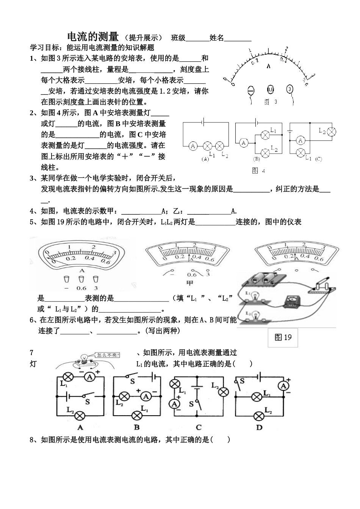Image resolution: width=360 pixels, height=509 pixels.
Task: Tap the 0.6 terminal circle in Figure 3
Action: (x=270, y=90)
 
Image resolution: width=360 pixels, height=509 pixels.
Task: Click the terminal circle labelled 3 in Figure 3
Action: (x=290, y=90)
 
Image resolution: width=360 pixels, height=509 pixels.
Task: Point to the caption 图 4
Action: (x=258, y=171)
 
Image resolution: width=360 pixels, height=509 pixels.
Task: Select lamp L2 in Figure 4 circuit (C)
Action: (x=332, y=132)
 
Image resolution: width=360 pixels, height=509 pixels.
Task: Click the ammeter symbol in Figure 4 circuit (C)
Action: (x=301, y=140)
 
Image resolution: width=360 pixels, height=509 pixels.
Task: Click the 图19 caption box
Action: (x=283, y=336)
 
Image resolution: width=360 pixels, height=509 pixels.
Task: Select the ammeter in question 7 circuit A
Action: (x=89, y=377)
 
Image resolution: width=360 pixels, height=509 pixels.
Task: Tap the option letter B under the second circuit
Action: (x=137, y=427)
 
